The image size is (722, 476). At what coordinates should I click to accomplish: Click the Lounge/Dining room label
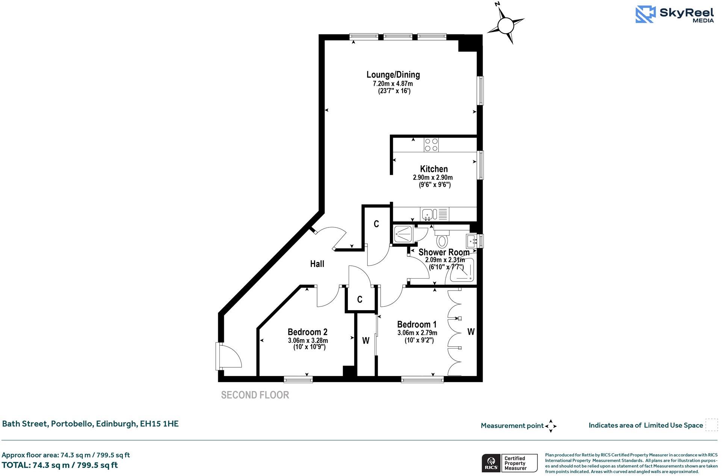click(393, 74)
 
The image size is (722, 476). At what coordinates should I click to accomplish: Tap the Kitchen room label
click(434, 169)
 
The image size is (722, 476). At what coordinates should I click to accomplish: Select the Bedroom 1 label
click(417, 324)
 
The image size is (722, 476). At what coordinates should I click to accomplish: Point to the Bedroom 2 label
click(307, 332)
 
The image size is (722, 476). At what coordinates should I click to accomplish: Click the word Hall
click(317, 264)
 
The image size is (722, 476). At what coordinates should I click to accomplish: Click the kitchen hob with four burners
click(431, 145)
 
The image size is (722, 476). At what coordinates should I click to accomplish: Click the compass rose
click(505, 25)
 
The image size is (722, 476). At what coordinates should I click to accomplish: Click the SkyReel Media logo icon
click(645, 15)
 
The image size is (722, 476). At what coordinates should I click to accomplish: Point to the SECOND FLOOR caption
click(255, 395)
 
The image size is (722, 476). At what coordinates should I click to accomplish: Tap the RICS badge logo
click(491, 463)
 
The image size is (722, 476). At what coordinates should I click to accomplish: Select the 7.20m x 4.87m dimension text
click(393, 83)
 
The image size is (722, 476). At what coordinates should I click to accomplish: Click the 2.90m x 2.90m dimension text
click(433, 177)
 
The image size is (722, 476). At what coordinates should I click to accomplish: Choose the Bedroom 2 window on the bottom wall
click(298, 379)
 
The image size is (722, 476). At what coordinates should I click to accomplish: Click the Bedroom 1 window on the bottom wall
click(422, 379)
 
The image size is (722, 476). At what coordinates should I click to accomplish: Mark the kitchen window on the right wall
click(480, 165)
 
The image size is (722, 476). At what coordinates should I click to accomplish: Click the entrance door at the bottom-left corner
click(228, 356)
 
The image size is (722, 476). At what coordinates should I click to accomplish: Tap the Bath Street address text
click(91, 424)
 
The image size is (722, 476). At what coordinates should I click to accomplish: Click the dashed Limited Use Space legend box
click(711, 425)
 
